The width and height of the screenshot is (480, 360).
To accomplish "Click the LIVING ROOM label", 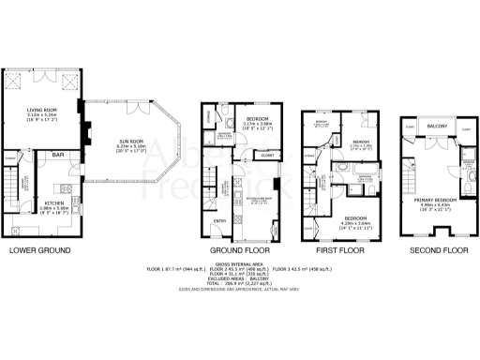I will pyautogui.click(x=43, y=111).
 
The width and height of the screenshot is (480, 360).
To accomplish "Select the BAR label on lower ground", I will pyautogui.click(x=57, y=155).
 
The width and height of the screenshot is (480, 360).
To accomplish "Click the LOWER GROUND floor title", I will pyautogui.click(x=41, y=251).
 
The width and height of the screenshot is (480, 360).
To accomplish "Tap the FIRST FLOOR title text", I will pyautogui.click(x=337, y=251).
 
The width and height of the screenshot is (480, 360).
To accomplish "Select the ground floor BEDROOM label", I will pyautogui.click(x=256, y=117).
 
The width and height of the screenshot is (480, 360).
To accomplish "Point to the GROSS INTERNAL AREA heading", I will pyautogui.click(x=240, y=262).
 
